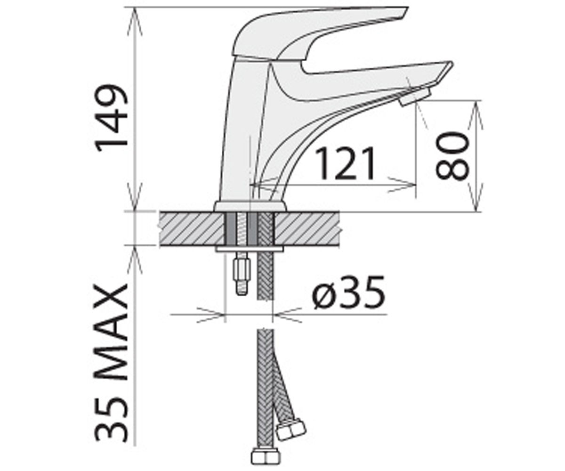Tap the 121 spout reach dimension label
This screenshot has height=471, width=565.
(345, 164)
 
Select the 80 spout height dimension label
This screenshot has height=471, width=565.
(452, 156)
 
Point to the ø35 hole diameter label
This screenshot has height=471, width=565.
(348, 292)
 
